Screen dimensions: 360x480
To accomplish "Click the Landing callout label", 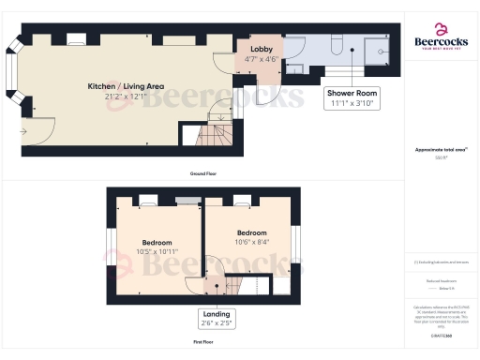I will pyautogui.click(x=217, y=318).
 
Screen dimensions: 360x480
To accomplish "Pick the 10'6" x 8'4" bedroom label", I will pyautogui.click(x=251, y=237).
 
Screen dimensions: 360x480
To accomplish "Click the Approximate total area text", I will pyautogui.click(x=441, y=150).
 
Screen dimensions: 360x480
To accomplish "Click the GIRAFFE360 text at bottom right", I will pyautogui.click(x=441, y=335).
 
